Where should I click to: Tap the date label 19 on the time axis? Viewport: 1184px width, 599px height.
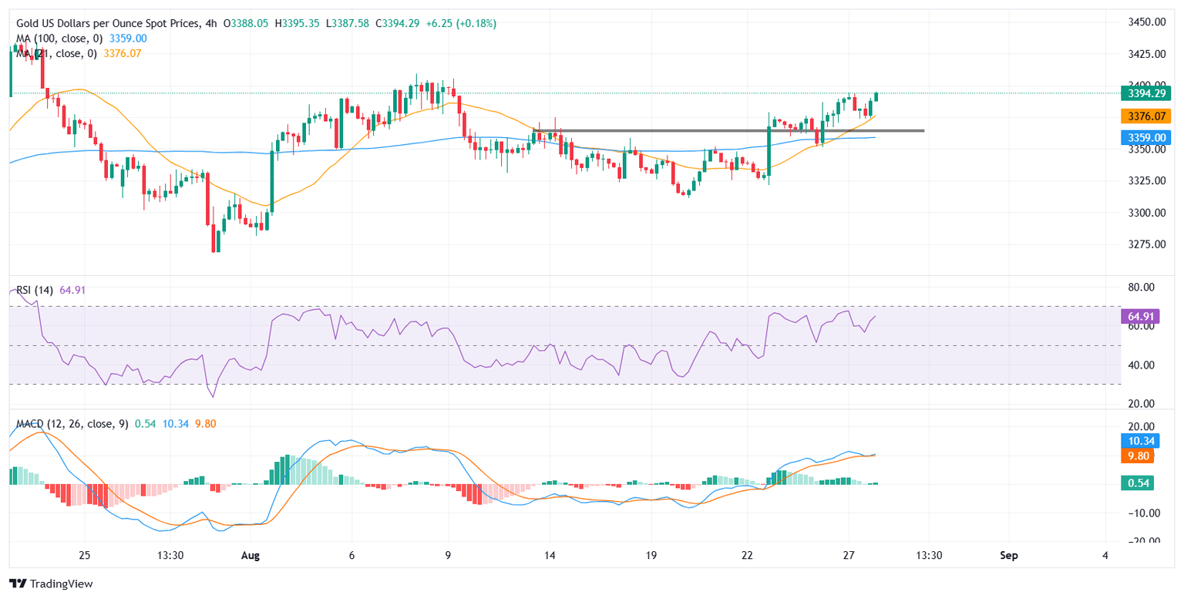[x=650, y=555]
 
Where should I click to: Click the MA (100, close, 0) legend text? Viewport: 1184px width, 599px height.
[x=60, y=38]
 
